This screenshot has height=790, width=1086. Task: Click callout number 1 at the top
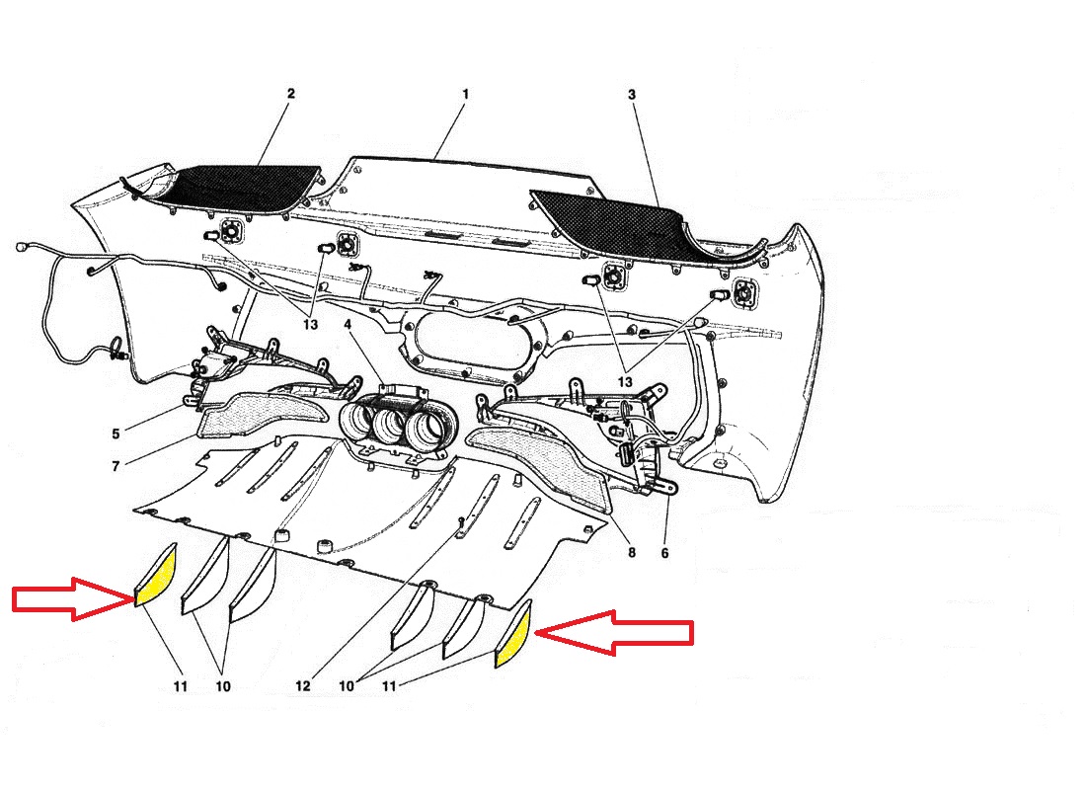(465, 94)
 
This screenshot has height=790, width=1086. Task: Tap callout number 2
(291, 94)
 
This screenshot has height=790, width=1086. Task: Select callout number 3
(632, 94)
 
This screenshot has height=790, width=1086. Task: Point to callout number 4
(348, 324)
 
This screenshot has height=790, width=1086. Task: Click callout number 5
(116, 434)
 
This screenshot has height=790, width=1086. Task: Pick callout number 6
(664, 553)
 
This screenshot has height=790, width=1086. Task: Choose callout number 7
(116, 466)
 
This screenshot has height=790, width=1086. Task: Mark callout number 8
(632, 552)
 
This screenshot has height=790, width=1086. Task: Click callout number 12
(303, 686)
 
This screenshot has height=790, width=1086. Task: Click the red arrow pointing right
(73, 598)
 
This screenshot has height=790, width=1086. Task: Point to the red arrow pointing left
(614, 633)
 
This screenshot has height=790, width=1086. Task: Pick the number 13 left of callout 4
(310, 324)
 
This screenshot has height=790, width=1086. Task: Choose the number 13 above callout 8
(625, 382)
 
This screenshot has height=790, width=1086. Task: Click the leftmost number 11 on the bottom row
(180, 686)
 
